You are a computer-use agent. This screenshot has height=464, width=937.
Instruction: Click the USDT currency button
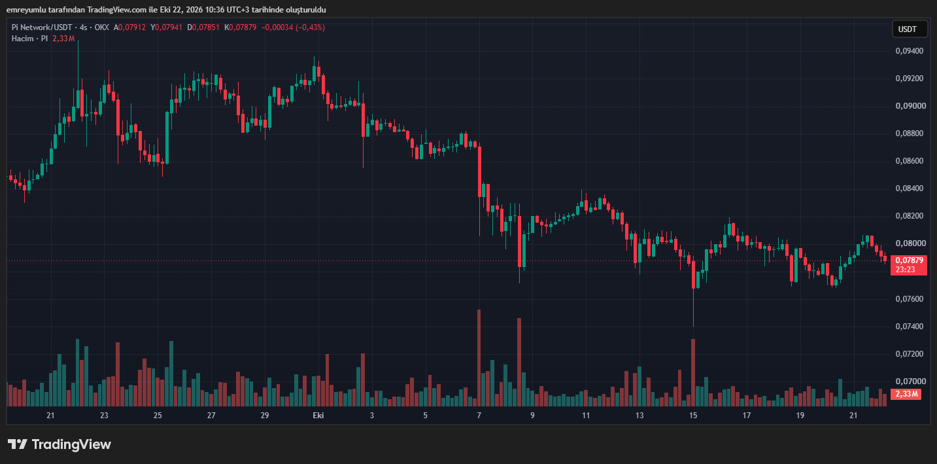tap(910, 29)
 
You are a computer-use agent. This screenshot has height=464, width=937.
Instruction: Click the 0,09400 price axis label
tap(909, 51)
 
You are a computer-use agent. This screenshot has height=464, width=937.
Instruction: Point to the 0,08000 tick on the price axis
tap(909, 243)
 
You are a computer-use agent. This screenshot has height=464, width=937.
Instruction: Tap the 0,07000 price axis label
tap(909, 381)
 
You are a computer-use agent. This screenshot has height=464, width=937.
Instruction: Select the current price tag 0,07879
tap(908, 260)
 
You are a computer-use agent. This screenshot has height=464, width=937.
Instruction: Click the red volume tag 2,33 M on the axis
tap(906, 394)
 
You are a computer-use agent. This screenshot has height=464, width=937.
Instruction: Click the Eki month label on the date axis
tap(318, 416)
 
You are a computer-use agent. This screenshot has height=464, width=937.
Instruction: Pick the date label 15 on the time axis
tap(693, 416)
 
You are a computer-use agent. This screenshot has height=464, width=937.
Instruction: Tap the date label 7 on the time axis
tap(479, 416)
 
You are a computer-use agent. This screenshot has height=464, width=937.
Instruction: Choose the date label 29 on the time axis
tap(265, 416)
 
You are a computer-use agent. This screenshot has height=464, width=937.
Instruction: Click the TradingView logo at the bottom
tap(60, 444)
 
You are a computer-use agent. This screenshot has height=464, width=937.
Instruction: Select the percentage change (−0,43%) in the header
tap(310, 27)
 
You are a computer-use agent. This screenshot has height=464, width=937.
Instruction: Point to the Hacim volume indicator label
tap(23, 39)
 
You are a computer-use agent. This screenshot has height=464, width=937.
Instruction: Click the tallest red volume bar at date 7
tap(479, 358)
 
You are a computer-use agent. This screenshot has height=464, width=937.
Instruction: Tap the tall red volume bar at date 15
tap(693, 373)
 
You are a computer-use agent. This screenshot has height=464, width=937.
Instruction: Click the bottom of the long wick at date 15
tap(693, 326)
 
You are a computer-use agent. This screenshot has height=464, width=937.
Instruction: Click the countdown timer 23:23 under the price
tap(905, 270)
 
